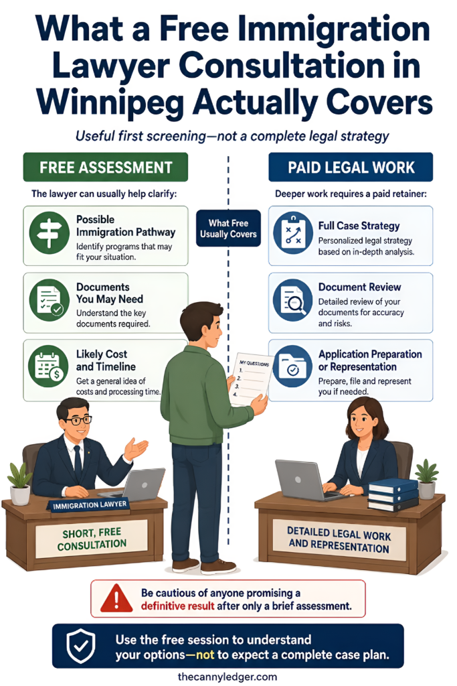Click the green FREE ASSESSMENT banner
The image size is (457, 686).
coord(105,167)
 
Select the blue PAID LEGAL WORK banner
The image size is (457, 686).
coord(351,167)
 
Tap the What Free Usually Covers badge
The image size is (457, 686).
coord(228,228)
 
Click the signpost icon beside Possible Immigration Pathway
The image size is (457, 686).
coord(49,233)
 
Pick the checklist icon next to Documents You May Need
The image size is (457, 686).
coord(49,301)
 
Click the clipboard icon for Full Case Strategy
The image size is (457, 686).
coord(292,233)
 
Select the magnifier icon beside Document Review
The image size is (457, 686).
coord(292,301)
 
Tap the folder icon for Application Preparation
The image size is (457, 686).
coord(292,366)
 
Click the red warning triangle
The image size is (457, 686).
coord(116,598)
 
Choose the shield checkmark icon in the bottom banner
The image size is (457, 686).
coord(80,646)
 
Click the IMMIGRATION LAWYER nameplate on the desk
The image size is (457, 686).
coord(89,505)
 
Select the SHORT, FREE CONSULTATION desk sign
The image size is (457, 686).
coord(91,539)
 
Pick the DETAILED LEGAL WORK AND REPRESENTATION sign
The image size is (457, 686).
coord(339,540)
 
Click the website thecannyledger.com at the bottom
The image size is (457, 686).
coord(227,677)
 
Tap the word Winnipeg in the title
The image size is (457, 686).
coord(110,102)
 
